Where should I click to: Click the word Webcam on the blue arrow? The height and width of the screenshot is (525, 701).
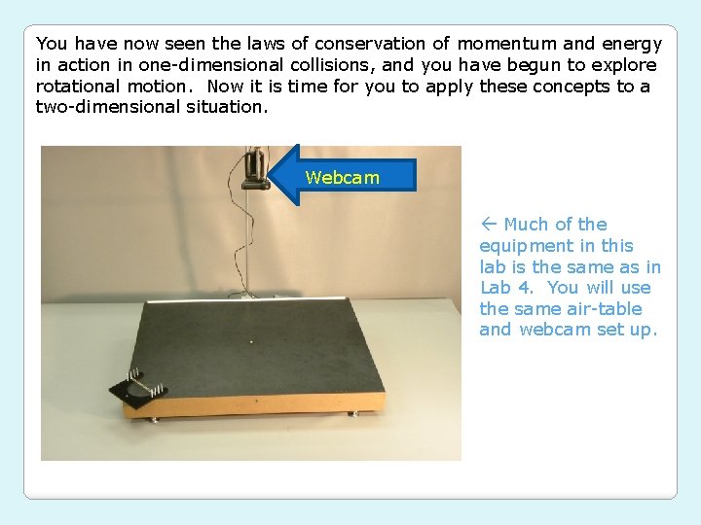click(x=342, y=177)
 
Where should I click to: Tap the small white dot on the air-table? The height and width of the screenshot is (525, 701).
click(x=252, y=341)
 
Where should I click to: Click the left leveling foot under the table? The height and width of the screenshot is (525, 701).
click(x=152, y=421)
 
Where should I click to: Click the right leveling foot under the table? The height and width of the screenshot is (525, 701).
click(x=353, y=413)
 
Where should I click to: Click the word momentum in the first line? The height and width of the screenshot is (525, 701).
click(x=505, y=44)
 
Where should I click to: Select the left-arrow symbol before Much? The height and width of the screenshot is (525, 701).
click(x=489, y=225)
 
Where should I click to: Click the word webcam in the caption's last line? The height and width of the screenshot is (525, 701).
click(x=551, y=330)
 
